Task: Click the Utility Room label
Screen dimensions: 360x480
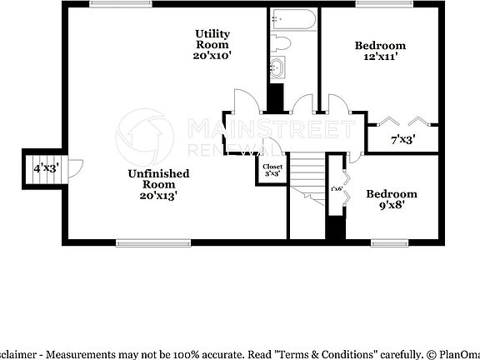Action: pyautogui.click(x=212, y=44)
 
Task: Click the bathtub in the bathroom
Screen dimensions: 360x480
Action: pyautogui.click(x=292, y=18)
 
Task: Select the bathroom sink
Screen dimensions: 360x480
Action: pyautogui.click(x=276, y=67)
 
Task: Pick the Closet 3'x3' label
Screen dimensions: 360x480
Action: pyautogui.click(x=273, y=171)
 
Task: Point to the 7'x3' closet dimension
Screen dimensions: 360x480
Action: pyautogui.click(x=403, y=140)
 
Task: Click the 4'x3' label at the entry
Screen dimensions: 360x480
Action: pyautogui.click(x=46, y=168)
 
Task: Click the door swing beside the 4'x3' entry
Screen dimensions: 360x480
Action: pyautogui.click(x=74, y=169)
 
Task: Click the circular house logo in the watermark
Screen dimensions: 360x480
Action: pyautogui.click(x=138, y=133)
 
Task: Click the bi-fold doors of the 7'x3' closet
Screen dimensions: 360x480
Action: pyautogui.click(x=403, y=120)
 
